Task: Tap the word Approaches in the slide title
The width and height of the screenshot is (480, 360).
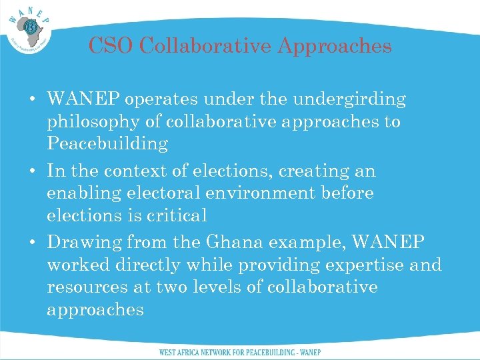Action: [335, 46]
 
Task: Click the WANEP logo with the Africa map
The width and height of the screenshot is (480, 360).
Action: [31, 29]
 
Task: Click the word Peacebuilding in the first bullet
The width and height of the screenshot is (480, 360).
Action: [107, 144]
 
